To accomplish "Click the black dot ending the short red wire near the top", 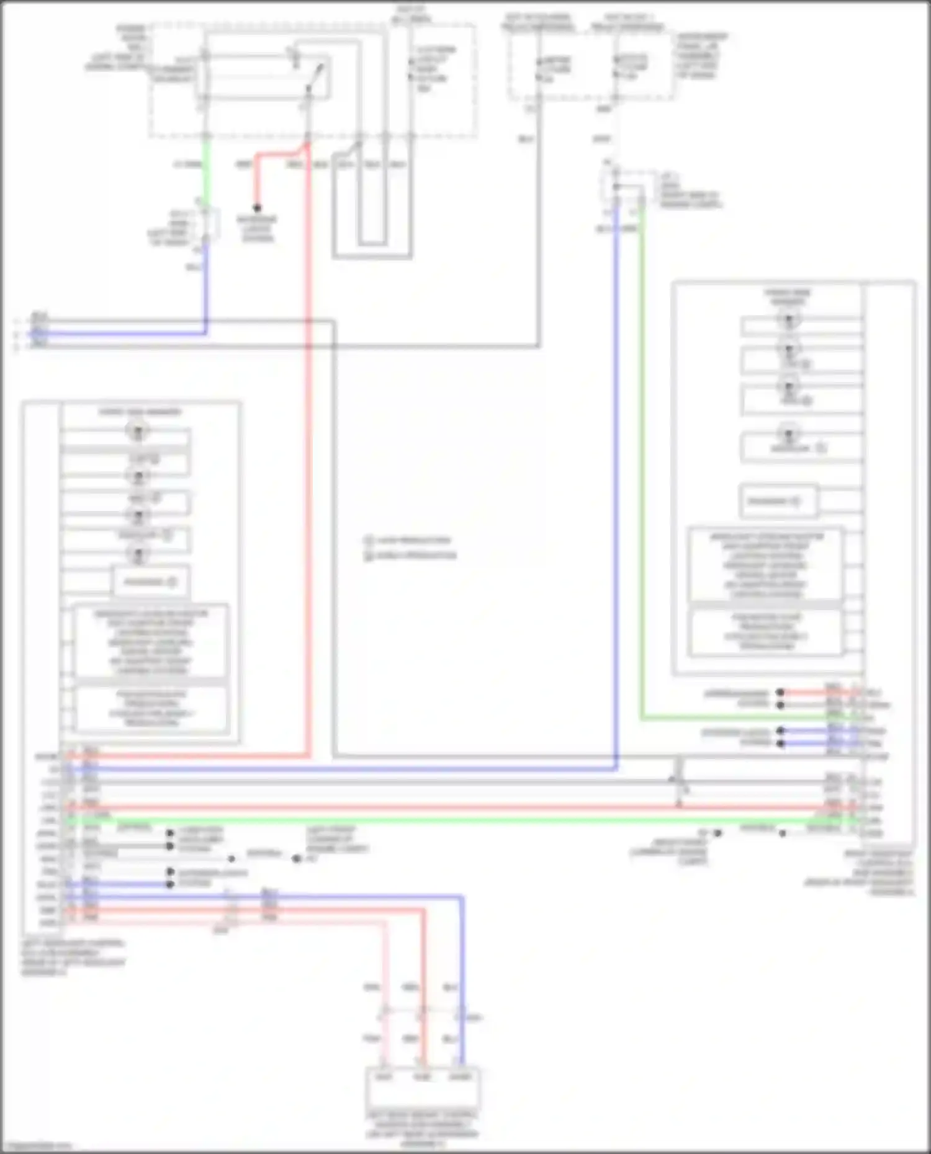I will (256, 208).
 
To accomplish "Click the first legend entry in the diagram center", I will (408, 540).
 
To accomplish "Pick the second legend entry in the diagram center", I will (411, 556).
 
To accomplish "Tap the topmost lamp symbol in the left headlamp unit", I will (138, 430).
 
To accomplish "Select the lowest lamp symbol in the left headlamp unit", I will (138, 554).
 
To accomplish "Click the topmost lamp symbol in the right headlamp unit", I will (789, 320).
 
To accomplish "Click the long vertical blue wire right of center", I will (616, 496).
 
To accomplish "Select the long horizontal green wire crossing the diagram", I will (434, 820).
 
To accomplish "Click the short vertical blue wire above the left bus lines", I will (205, 285).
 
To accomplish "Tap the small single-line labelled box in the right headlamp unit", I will (778, 501).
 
